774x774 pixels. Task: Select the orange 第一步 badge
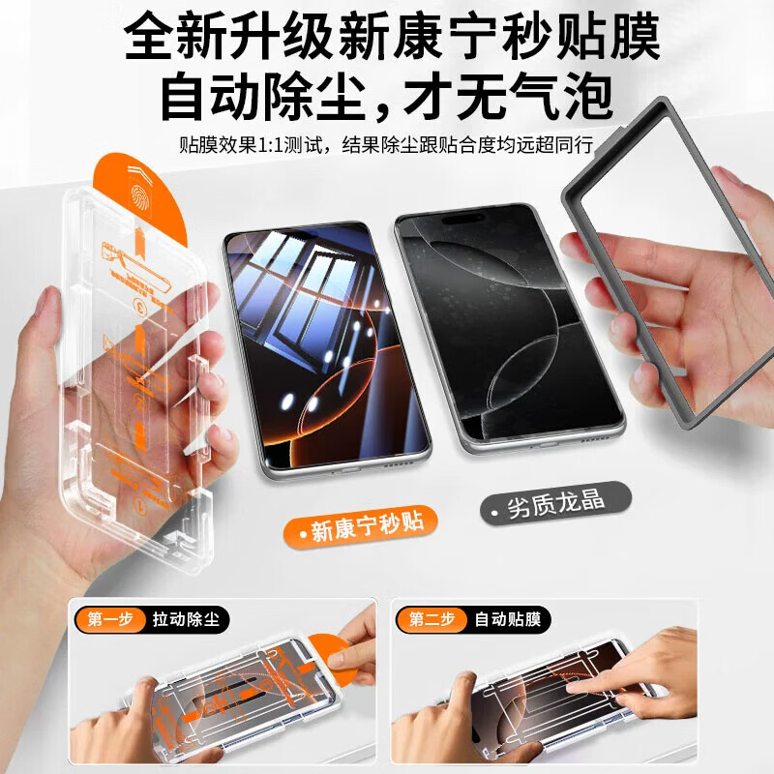click(109, 619)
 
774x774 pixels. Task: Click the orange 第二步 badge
click(431, 619)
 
